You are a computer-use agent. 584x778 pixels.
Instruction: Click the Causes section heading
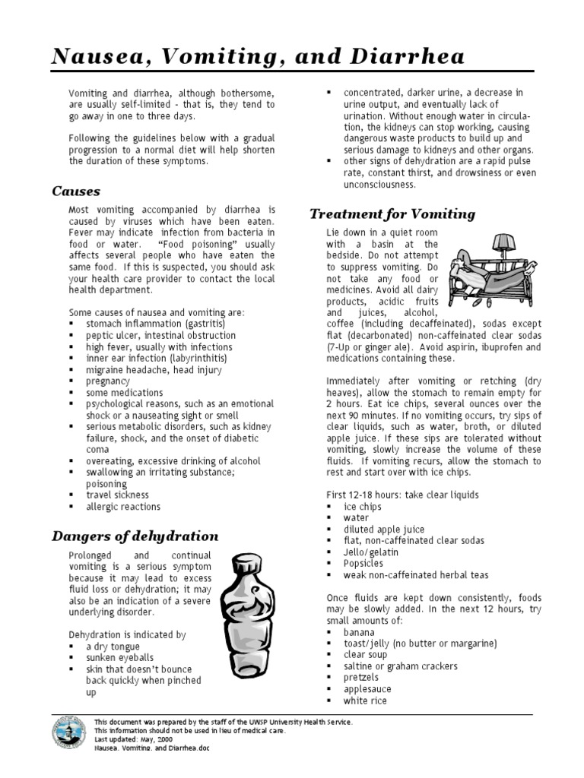[76, 191]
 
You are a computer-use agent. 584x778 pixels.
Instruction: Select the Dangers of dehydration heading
[135, 536]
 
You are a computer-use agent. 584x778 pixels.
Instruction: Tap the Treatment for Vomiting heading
[393, 213]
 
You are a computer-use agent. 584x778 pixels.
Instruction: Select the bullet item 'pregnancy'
[108, 381]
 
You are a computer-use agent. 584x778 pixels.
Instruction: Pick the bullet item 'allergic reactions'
[123, 507]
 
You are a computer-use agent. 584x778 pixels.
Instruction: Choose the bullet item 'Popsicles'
[363, 564]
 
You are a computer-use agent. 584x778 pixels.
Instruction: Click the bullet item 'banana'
[359, 632]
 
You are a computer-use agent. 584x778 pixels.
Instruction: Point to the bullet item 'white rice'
[365, 701]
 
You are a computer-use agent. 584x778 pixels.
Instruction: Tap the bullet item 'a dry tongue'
[113, 646]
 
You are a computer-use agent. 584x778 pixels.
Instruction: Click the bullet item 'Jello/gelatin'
[371, 552]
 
